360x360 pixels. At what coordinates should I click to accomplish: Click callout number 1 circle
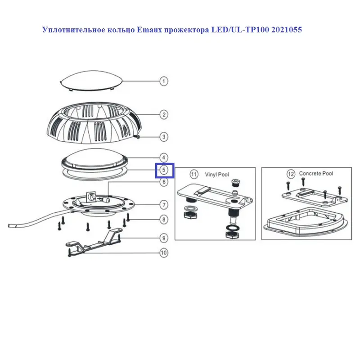point(164,81)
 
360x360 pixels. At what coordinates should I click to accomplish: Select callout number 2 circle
point(164,115)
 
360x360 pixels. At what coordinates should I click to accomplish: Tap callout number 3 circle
point(164,137)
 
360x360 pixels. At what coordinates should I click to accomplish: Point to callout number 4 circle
point(164,158)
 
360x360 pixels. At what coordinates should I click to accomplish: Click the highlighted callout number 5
point(165,171)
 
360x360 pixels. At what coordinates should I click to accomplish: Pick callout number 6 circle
point(164,182)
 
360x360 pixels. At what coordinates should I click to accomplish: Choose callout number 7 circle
point(164,205)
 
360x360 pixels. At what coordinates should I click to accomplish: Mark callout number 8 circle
point(164,220)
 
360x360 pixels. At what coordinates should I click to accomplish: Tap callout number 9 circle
point(164,238)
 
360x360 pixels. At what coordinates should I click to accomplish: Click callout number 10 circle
point(164,253)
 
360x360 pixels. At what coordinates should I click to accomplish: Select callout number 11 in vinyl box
point(194,175)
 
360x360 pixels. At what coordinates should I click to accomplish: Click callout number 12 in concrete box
point(291,174)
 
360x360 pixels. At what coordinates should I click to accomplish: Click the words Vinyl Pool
point(217,175)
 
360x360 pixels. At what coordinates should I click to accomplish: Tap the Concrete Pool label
point(316,174)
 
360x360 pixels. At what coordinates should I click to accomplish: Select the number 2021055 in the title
point(287,30)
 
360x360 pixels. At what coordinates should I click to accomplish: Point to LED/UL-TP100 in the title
point(240,30)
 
